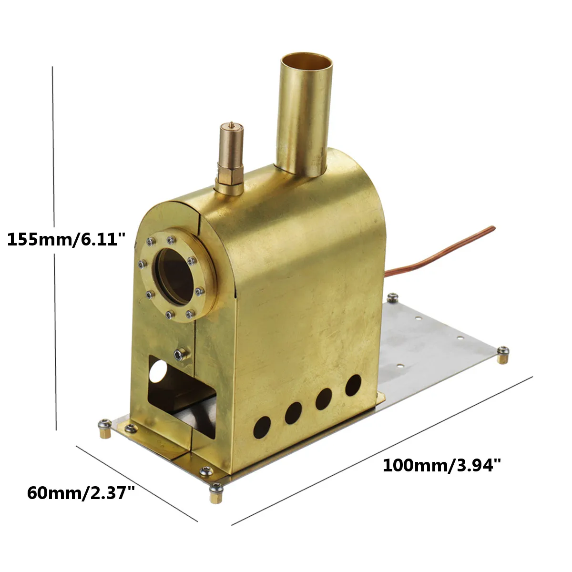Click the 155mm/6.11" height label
point(67,239)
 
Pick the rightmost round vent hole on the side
point(353,385)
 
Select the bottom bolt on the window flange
point(170,314)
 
